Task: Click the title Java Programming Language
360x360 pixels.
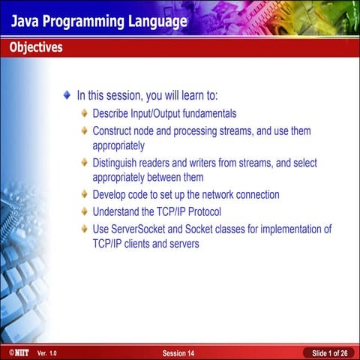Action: [98, 21]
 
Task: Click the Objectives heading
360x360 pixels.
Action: [36, 48]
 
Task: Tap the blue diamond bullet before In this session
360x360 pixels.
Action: [68, 96]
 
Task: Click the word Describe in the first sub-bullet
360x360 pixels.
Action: [112, 114]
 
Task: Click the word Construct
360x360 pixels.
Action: [114, 131]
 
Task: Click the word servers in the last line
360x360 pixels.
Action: [183, 244]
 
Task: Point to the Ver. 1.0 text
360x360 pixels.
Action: [46, 352]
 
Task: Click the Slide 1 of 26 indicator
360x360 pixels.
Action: [329, 352]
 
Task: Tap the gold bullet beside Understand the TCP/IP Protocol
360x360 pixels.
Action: [85, 212]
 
